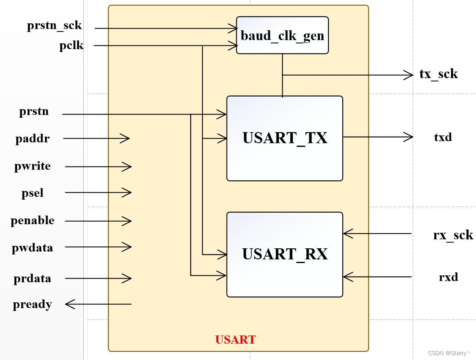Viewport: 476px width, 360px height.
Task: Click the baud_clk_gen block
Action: [282, 35]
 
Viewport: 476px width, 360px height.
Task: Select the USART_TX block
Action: [285, 138]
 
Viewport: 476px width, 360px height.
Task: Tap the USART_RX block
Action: [285, 254]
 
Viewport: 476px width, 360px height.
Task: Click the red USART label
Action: [236, 340]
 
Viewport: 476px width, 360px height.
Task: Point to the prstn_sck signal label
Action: [54, 26]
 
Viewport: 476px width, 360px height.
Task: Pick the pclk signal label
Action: [71, 45]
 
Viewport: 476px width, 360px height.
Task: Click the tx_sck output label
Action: [438, 74]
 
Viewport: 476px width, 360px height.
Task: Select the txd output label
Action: [443, 137]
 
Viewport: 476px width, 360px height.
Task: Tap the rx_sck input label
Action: [453, 235]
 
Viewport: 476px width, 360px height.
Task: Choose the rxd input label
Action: [448, 277]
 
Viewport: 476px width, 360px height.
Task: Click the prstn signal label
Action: [34, 111]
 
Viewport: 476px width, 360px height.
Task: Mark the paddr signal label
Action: [33, 139]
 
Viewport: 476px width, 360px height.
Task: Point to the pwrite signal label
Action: [33, 166]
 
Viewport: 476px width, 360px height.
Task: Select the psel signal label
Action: [33, 193]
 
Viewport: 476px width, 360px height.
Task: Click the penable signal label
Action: [32, 220]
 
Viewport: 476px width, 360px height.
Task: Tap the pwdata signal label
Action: [32, 248]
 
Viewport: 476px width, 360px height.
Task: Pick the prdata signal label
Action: [32, 279]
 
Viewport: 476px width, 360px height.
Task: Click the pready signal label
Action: [32, 304]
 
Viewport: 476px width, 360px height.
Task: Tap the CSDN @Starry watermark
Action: [448, 353]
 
